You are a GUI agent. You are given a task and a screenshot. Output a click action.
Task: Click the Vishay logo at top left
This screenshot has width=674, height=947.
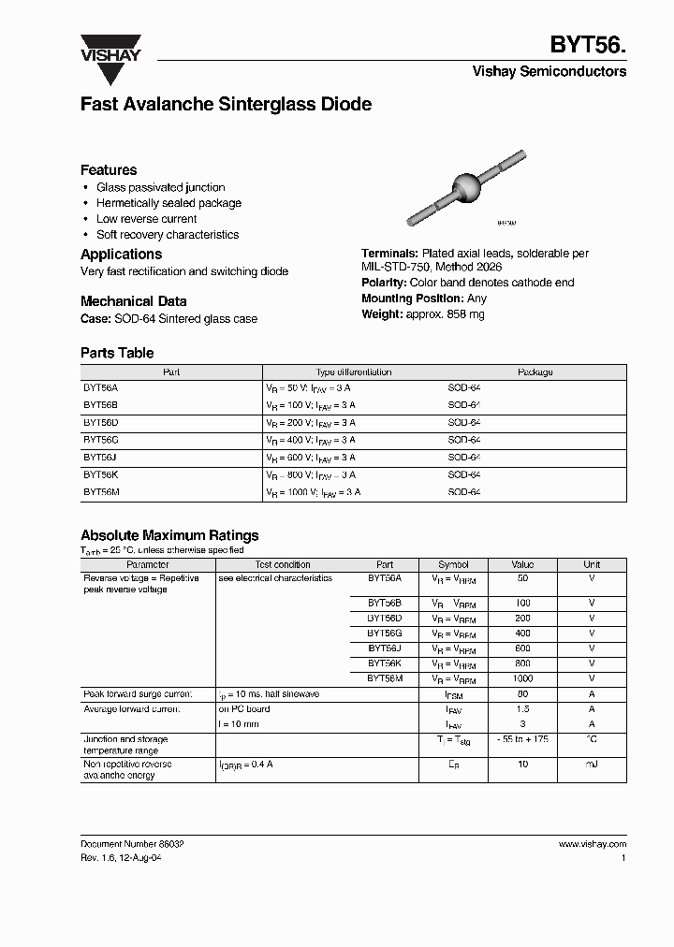click(110, 49)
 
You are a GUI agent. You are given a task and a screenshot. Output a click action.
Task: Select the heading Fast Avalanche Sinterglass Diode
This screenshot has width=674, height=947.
click(226, 105)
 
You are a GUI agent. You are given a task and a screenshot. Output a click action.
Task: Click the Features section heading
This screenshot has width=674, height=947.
click(109, 170)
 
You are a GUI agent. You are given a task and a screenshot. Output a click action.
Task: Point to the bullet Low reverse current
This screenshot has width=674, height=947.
click(146, 219)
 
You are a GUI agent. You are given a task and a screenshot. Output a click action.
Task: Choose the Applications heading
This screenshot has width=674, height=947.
click(121, 255)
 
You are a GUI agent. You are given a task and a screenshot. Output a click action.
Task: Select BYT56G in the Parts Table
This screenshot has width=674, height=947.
click(100, 440)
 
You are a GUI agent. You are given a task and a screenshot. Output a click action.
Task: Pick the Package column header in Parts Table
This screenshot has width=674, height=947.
click(535, 372)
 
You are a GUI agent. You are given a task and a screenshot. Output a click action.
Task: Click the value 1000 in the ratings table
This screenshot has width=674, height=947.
click(522, 677)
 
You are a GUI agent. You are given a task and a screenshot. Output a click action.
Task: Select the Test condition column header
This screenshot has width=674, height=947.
click(283, 565)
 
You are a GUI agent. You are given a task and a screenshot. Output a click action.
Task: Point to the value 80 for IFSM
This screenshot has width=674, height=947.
click(522, 694)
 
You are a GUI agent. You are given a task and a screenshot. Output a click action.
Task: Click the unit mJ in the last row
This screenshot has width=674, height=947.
click(592, 765)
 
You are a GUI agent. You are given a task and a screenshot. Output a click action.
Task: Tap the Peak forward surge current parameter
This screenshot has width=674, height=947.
click(138, 694)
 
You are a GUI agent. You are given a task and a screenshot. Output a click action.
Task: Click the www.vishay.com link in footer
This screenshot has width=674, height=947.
click(592, 843)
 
